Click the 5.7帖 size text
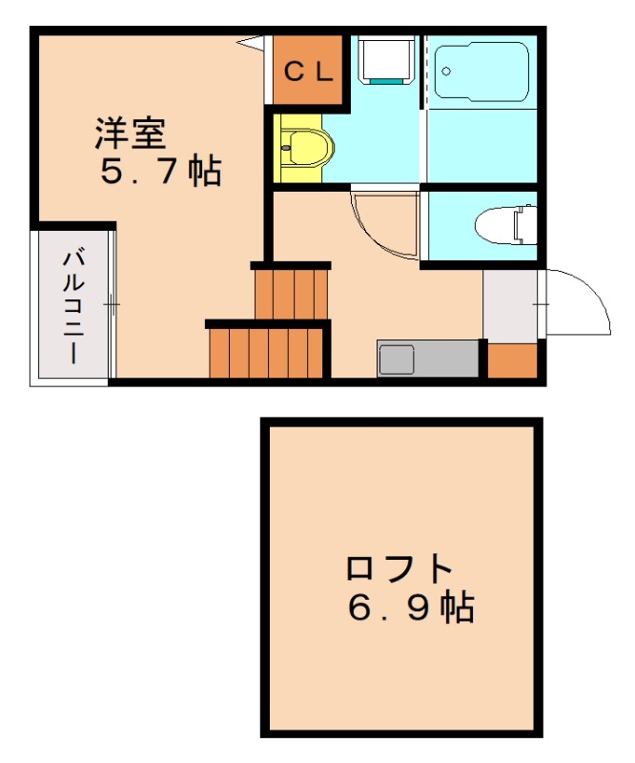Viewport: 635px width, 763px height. tap(160, 172)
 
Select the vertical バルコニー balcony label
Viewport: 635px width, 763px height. tap(72, 305)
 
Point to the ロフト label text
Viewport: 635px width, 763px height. tap(398, 568)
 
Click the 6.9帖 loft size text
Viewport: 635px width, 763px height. tap(411, 607)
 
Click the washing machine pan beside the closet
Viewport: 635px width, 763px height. tap(386, 61)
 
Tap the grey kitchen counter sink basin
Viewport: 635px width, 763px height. tap(396, 361)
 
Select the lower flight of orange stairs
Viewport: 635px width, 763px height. tap(266, 352)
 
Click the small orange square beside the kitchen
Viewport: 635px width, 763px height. tap(512, 360)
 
